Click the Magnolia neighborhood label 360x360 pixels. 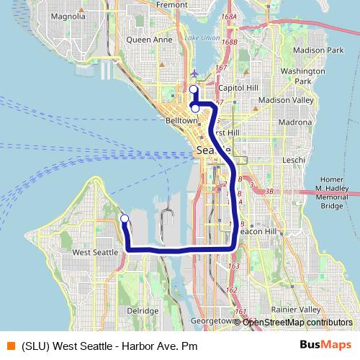point(69,15)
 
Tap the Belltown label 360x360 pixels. point(181,122)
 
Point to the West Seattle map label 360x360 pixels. point(95,253)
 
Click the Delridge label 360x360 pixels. point(142,310)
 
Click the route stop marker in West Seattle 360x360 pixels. point(125,218)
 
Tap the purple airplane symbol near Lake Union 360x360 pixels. point(195,73)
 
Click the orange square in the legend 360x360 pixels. point(10,344)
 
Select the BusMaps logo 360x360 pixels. point(326,343)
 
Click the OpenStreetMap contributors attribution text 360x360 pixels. point(297,322)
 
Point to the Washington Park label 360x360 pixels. point(303,76)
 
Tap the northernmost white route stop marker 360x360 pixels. point(193,89)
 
